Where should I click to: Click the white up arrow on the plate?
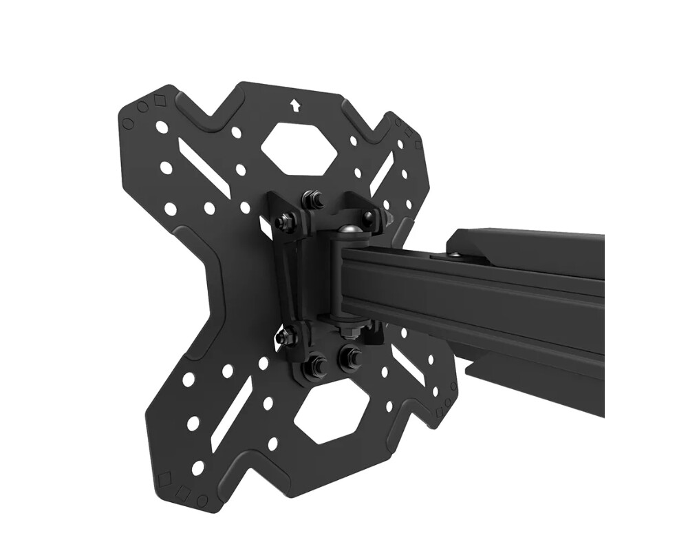coord(295,105)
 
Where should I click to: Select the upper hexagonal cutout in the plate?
coord(299,147)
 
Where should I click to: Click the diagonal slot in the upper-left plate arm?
coord(203,166)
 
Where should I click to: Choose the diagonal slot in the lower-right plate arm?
coord(409,364)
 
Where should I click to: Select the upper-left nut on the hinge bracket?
coord(283,222)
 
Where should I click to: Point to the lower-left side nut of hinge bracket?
coord(284,337)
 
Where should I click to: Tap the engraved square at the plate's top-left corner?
coord(160,101)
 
